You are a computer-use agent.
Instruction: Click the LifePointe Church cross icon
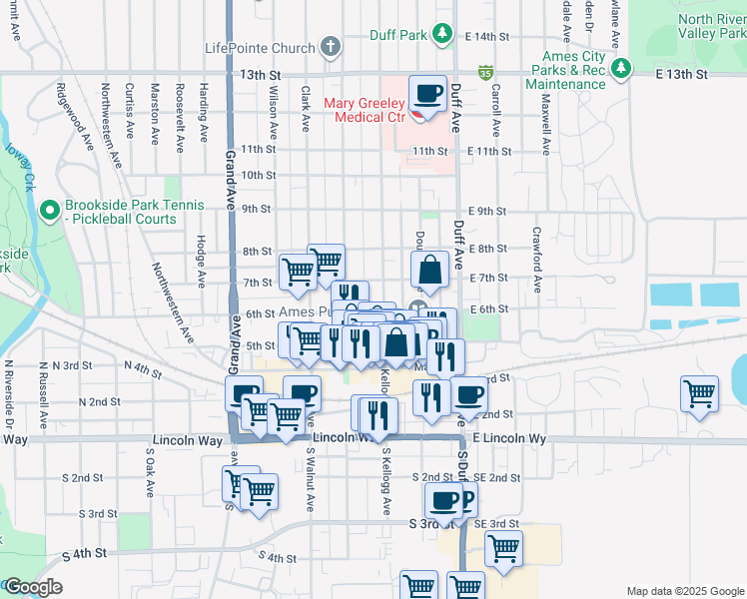pos(331,47)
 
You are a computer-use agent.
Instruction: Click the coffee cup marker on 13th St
pos(428,94)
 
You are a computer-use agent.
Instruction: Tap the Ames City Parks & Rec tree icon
pos(622,68)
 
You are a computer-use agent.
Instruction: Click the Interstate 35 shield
pos(485,72)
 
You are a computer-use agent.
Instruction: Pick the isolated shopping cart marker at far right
pos(699,392)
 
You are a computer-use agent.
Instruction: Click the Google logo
pos(33,587)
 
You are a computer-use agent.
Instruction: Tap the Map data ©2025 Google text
pos(685,591)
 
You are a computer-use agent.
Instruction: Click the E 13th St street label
pos(682,75)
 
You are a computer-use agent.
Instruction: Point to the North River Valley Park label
pos(710,27)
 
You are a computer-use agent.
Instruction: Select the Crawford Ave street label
pos(537,259)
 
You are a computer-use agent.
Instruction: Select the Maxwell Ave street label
pos(546,131)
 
